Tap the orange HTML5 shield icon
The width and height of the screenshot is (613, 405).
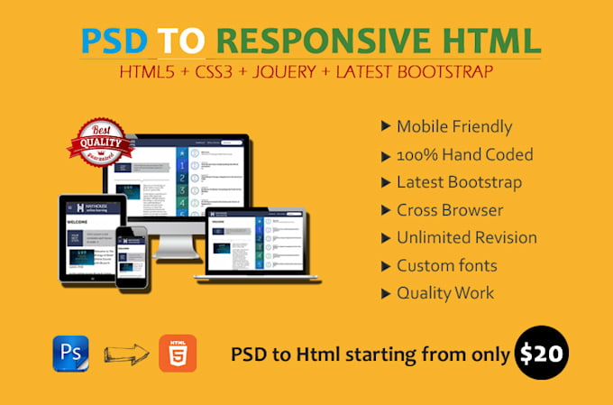tap(178, 353)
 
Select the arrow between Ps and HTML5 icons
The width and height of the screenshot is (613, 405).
tap(124, 353)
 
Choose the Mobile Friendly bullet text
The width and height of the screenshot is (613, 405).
tap(454, 126)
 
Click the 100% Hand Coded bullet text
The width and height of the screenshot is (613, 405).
tap(464, 154)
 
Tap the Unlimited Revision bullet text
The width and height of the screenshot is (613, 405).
tap(466, 238)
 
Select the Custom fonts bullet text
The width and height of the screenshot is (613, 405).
tap(446, 266)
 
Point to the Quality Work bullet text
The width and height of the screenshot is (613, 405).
tap(445, 293)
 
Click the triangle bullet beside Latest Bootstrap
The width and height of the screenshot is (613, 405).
tap(387, 183)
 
